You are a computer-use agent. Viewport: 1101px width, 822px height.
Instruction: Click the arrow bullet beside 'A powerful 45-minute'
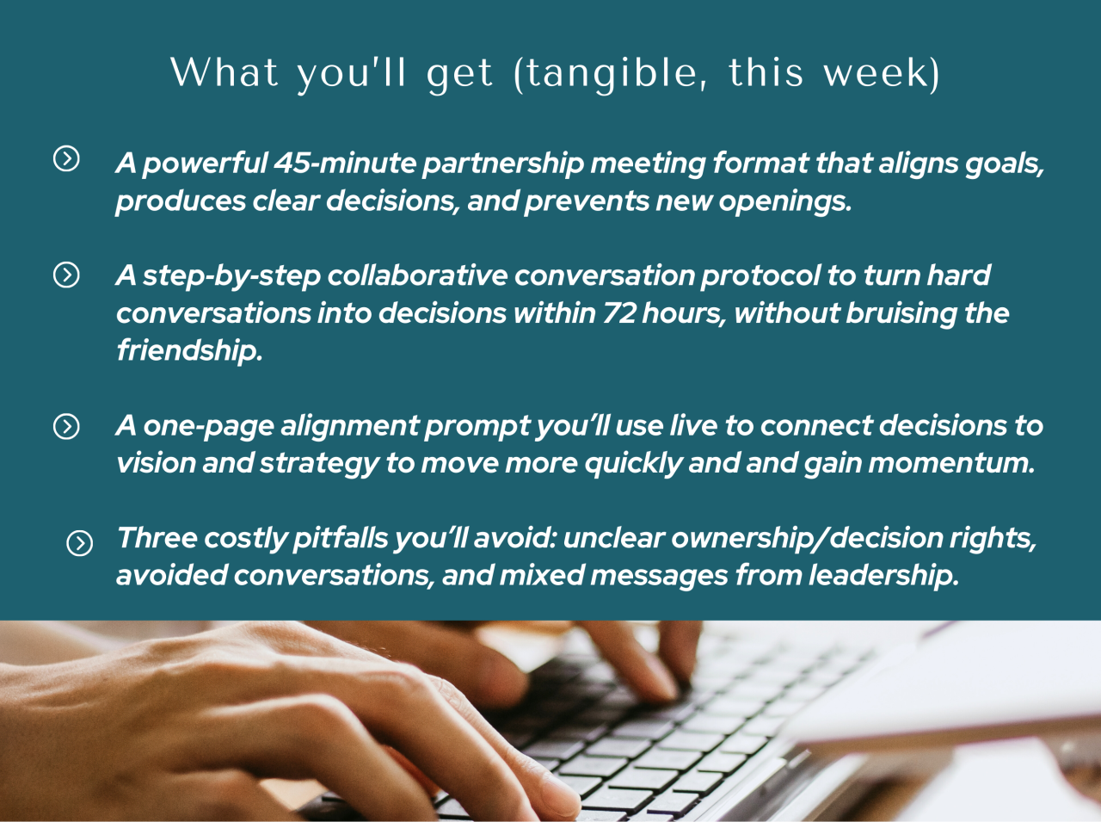tap(66, 158)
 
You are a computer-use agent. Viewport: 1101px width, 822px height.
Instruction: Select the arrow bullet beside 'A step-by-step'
tap(66, 275)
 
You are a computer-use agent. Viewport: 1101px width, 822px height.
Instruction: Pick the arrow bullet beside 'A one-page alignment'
tap(66, 426)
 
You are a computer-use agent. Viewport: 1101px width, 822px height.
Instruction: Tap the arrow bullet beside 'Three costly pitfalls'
tap(80, 543)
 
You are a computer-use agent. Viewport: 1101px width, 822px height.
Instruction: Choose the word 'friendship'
tap(189, 350)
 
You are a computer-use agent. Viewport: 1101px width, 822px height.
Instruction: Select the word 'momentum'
tap(951, 463)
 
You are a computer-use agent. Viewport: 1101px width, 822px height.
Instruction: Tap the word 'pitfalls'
tap(341, 539)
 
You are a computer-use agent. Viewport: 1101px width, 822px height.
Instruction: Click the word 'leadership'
tap(883, 576)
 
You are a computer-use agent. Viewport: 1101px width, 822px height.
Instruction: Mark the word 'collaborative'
tap(417, 275)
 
